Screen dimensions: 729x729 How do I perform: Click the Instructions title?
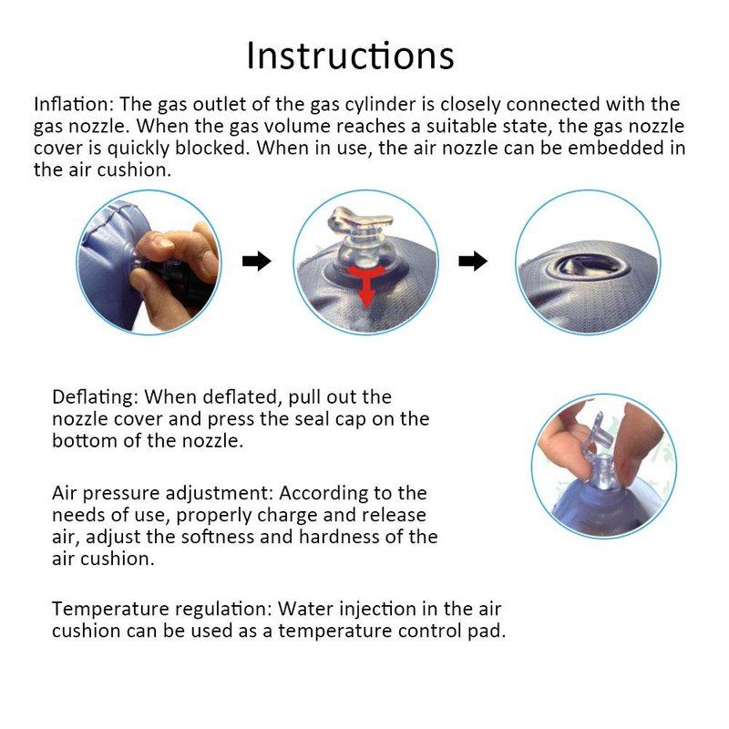tap(350, 56)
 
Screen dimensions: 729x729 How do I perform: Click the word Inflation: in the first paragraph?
tap(74, 104)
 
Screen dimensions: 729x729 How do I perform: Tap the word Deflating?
tap(96, 397)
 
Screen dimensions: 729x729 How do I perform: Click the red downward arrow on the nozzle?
tap(366, 282)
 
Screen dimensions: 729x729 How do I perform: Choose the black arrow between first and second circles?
tap(257, 261)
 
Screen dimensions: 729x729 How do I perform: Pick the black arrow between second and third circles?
tap(473, 261)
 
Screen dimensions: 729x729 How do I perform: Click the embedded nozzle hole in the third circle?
tap(580, 266)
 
